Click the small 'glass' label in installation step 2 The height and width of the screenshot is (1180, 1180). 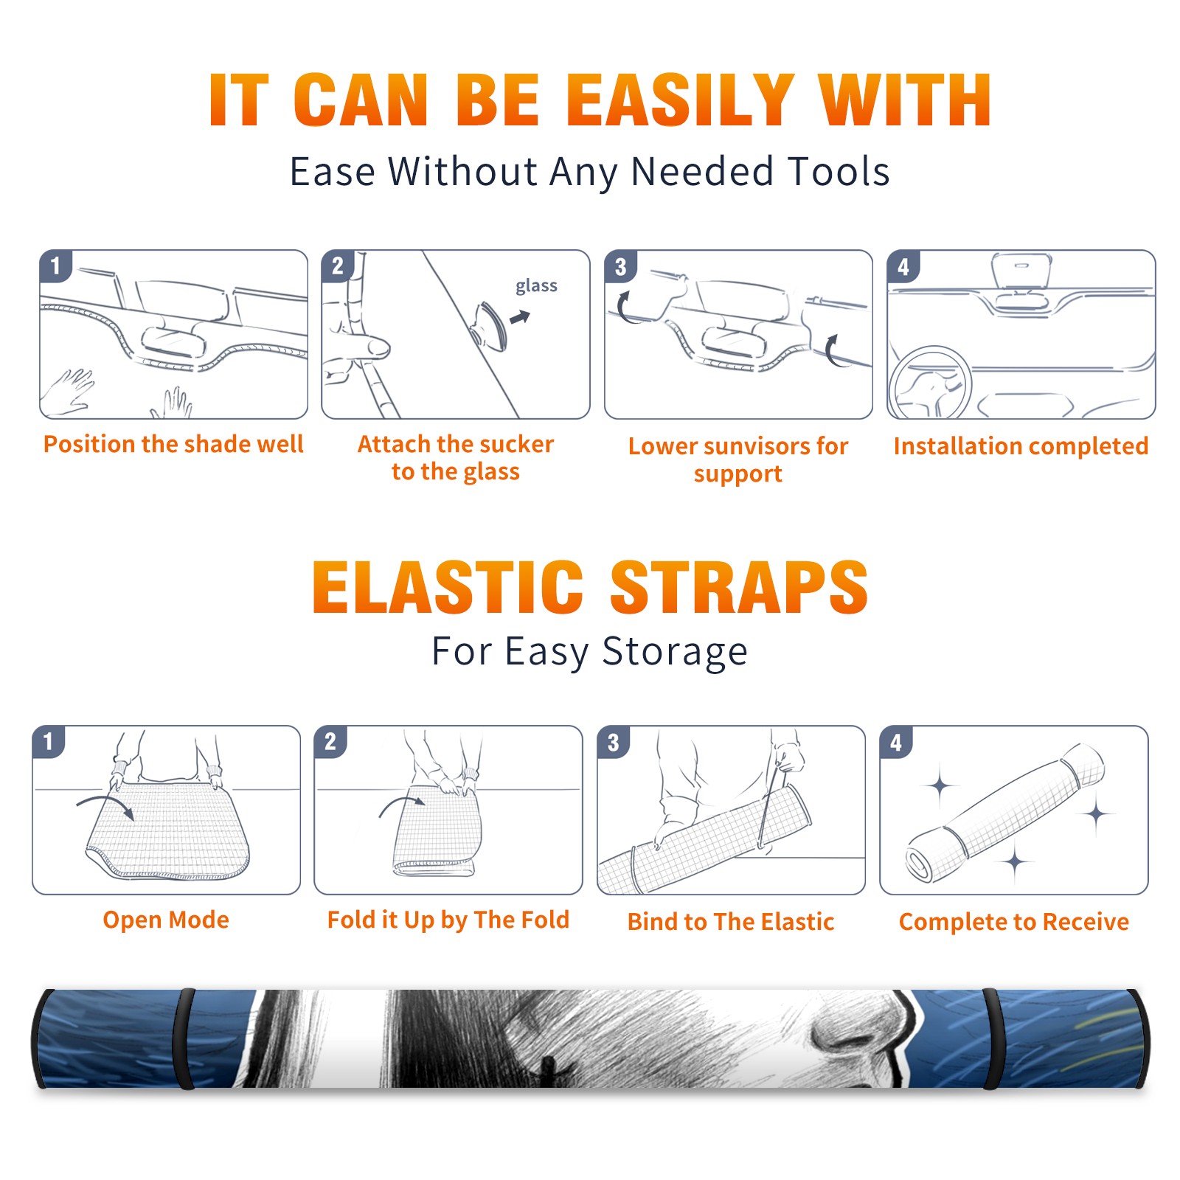click(x=536, y=286)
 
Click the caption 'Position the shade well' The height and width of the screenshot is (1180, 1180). click(x=173, y=444)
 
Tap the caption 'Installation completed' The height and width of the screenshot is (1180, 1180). click(x=1021, y=445)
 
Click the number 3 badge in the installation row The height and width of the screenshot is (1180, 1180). click(x=620, y=266)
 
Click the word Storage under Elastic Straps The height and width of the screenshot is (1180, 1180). click(x=675, y=652)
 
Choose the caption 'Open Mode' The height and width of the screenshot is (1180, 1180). click(x=166, y=920)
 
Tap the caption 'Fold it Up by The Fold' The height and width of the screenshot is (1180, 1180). click(x=448, y=920)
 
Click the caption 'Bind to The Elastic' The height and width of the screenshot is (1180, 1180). click(x=731, y=922)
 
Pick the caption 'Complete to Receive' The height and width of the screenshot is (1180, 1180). click(x=1014, y=922)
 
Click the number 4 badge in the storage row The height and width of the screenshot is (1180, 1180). click(x=896, y=742)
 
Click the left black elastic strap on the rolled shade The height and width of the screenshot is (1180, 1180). click(x=184, y=1038)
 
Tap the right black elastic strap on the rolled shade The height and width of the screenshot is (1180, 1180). click(x=993, y=1038)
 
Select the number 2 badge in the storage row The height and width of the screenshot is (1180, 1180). click(x=330, y=742)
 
